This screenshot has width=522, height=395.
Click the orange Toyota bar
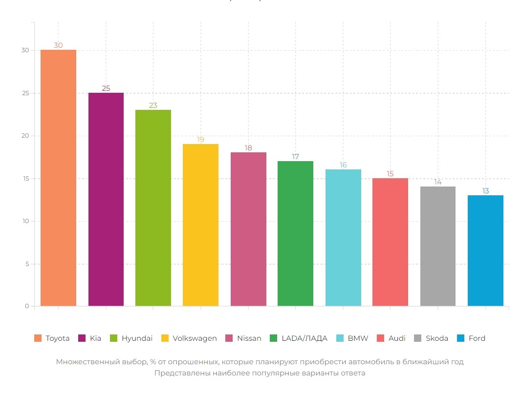58,178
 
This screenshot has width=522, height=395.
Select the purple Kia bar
106,199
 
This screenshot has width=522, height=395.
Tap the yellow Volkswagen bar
200,225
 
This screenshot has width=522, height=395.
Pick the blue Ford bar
485,250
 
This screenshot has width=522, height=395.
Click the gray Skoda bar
438,246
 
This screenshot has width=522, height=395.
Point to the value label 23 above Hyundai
153,105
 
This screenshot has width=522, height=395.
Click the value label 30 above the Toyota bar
58,45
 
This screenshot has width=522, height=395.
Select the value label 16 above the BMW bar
343,165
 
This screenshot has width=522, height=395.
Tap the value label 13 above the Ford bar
485,191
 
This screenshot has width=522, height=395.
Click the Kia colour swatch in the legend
82,338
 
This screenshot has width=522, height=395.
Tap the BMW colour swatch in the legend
340,338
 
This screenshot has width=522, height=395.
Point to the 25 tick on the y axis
25,93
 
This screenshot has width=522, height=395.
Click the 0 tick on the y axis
26,307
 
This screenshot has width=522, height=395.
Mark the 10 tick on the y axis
25,221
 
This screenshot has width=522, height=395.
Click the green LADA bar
295,233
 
